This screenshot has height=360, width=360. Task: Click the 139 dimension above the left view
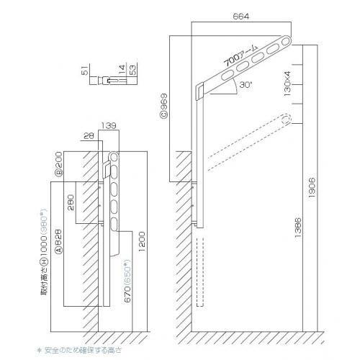click(x=109, y=125)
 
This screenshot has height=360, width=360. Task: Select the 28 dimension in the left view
click(x=88, y=135)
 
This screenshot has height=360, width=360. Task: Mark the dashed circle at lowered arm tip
click(x=287, y=120)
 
